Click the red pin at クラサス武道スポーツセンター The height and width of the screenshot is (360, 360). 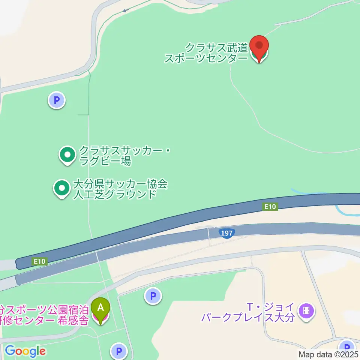coord(259,46)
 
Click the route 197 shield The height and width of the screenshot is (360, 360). coord(227,233)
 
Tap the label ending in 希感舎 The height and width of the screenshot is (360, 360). coord(45,315)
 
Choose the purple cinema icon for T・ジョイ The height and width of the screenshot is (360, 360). coord(307,310)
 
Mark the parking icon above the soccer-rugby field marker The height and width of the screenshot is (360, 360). coord(57,100)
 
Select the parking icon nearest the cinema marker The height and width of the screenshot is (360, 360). coord(346,346)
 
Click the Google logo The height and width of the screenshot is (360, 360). coord(25,351)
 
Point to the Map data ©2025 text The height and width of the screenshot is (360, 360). coord(328,354)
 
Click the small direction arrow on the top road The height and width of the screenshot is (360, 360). coord(125,10)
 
